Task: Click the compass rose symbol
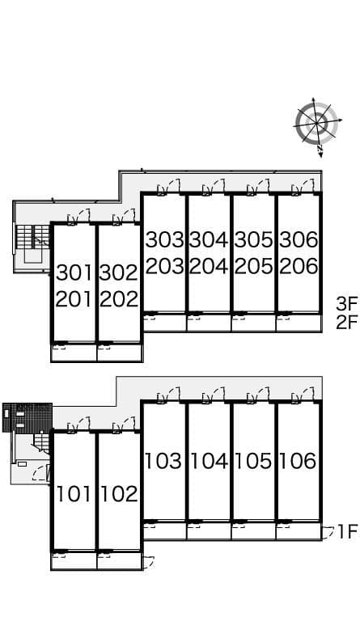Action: click(x=316, y=124)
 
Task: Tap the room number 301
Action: click(x=74, y=272)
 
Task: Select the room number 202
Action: click(x=120, y=298)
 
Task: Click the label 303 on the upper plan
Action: click(x=164, y=240)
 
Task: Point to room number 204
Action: click(x=209, y=265)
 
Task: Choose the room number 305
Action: click(x=253, y=240)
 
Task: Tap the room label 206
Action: click(x=298, y=265)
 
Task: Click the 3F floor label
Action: click(x=347, y=304)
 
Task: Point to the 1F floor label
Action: click(x=347, y=531)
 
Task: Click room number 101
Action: click(x=74, y=493)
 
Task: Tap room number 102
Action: click(x=120, y=493)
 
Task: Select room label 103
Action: click(x=164, y=461)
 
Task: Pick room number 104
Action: click(x=209, y=461)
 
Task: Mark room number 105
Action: click(x=253, y=461)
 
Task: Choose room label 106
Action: click(x=298, y=461)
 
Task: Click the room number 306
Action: click(x=298, y=240)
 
